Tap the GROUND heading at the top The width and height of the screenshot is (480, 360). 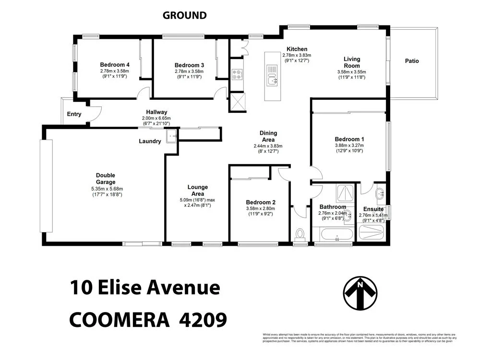[184, 15]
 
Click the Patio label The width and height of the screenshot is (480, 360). [412, 61]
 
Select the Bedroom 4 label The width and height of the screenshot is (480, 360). [115, 65]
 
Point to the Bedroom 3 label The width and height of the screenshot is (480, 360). [189, 65]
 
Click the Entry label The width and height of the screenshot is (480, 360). [74, 114]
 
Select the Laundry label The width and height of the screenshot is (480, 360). [150, 141]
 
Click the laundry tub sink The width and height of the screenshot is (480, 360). [171, 137]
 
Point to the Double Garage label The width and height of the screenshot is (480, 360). [105, 179]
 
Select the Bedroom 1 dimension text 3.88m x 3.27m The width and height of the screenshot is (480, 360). [349, 145]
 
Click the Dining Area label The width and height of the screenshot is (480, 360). [268, 136]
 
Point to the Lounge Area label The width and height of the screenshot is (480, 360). [197, 190]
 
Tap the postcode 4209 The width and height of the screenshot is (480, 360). [201, 319]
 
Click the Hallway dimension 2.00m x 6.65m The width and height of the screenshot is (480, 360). [156, 118]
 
